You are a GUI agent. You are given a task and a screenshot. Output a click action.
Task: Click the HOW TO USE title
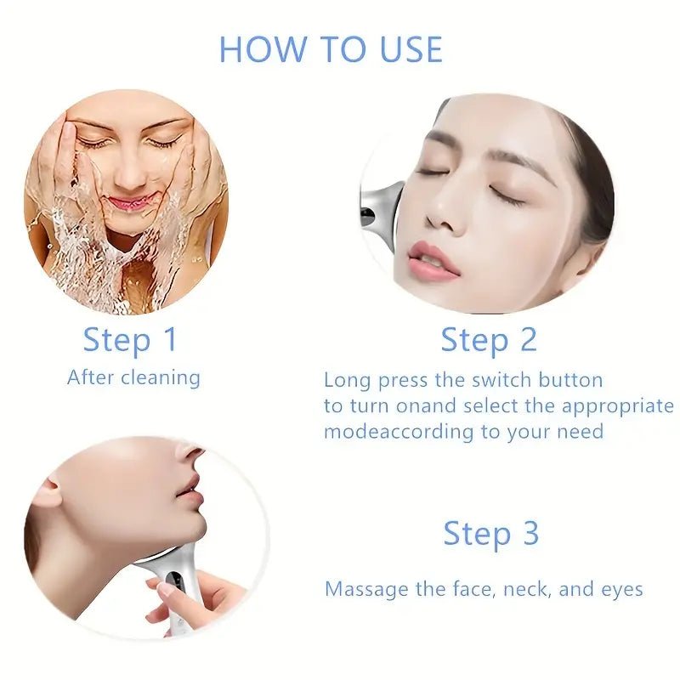coord(331,50)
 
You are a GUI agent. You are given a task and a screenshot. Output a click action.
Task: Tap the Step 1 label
coord(130,339)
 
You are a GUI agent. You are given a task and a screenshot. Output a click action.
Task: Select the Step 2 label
coord(489,339)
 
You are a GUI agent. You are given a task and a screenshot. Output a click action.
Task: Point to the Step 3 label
coord(491,534)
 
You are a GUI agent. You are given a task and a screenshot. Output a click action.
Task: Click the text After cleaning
coord(133,377)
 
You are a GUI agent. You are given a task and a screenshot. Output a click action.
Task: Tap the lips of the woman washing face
coord(129,203)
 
